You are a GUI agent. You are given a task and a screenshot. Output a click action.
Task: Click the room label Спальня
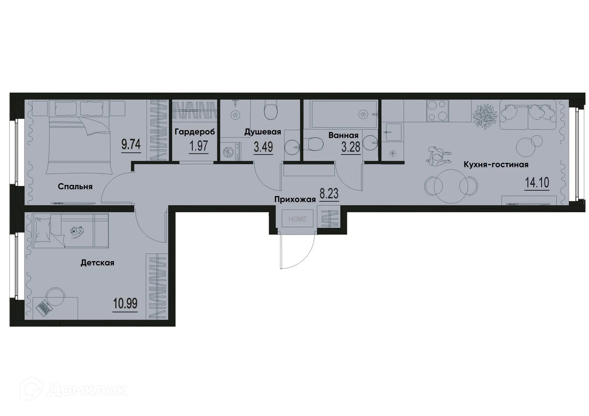[75, 186]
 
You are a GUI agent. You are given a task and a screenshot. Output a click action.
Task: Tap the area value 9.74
[131, 144]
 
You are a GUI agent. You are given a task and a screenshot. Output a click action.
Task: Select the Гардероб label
[195, 132]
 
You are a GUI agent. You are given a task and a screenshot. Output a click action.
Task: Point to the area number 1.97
[198, 146]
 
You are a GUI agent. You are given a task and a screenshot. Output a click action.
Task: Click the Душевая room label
[263, 132]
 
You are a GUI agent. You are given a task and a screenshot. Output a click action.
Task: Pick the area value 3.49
[263, 147]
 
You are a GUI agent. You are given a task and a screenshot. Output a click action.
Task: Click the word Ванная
[343, 135]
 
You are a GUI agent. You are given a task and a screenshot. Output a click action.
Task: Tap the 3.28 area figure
[351, 147]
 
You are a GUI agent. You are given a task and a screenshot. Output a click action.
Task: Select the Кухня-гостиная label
[496, 165]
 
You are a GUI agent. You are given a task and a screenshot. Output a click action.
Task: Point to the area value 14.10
[537, 183]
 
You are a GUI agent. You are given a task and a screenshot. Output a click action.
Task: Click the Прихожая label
[295, 200]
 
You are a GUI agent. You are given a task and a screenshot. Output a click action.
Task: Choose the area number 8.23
[329, 194]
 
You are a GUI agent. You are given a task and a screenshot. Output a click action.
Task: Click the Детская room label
[97, 263]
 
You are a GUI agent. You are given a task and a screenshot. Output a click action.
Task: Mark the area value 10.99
[125, 303]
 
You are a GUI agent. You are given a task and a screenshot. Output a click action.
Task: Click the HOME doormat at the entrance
[297, 219]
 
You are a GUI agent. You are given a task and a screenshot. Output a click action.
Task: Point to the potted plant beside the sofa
[485, 116]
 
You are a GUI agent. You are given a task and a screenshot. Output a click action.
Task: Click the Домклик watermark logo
[74, 390]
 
